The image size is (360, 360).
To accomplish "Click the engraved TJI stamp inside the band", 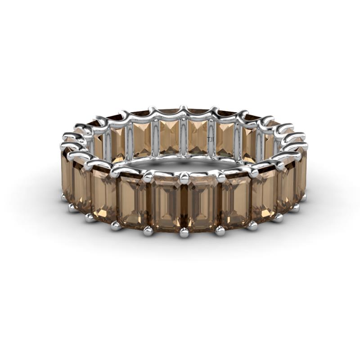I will [210, 139].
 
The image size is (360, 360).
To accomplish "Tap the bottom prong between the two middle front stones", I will [184, 232].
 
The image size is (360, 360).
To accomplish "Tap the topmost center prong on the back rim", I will [183, 109].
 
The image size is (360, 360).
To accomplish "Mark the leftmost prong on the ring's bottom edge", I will [64, 197].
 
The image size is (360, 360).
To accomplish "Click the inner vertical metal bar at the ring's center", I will [184, 137].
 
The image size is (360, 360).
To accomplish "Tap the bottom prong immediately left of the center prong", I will [148, 231].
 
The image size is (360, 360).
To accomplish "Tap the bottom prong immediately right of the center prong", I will [220, 231].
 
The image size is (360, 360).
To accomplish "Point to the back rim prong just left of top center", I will [153, 111].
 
